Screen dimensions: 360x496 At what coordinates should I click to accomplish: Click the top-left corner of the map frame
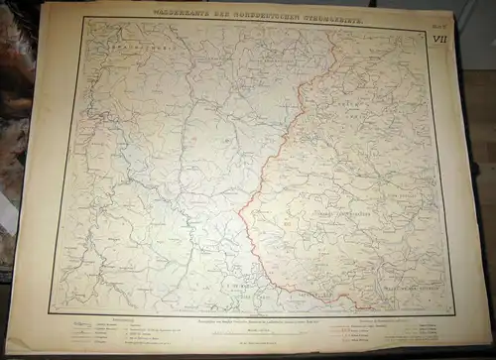(84, 20)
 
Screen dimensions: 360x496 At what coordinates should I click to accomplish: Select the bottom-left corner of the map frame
(53, 312)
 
